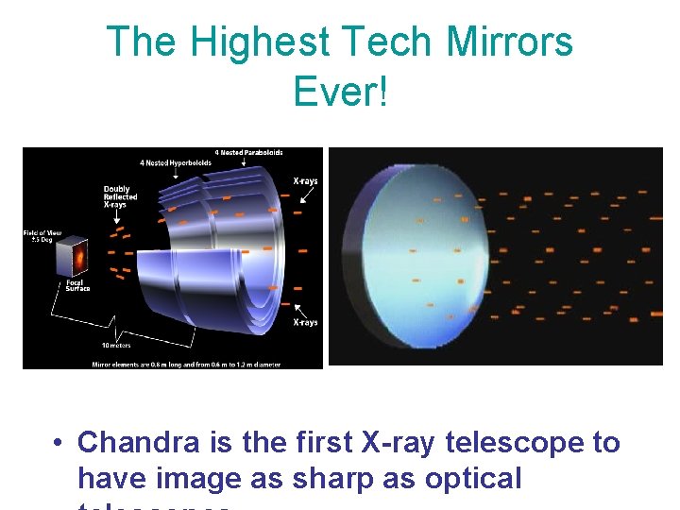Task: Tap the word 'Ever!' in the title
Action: coord(340,91)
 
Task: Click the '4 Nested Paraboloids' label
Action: coord(248,153)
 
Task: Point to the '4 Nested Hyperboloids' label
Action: coord(175,163)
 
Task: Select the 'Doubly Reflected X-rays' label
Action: coord(120,195)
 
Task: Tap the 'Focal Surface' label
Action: coord(77,285)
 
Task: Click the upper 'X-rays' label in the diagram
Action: coord(304,181)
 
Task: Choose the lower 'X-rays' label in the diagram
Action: coord(304,322)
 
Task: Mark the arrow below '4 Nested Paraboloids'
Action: coord(243,162)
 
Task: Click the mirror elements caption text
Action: coord(173,363)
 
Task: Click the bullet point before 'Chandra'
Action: coord(59,443)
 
